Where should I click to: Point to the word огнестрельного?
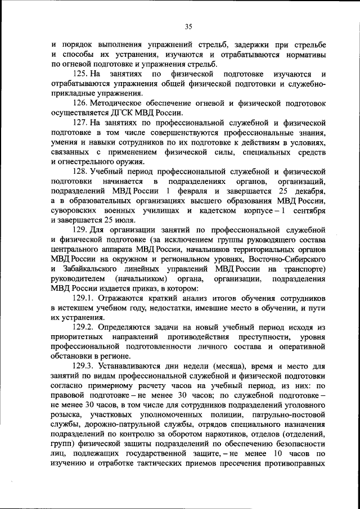coord(84,163)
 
